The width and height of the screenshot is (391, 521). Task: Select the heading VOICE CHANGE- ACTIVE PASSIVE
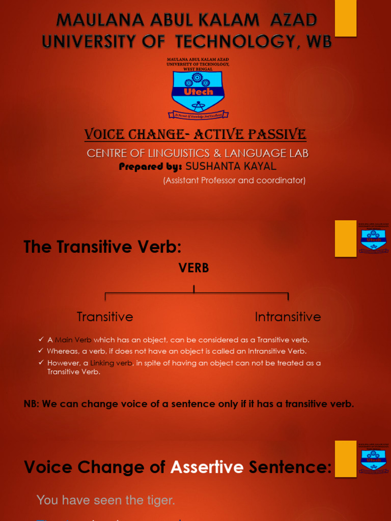coord(195,134)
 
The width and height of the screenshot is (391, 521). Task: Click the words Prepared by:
coord(150,167)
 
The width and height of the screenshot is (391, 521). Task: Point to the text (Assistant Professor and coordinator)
coord(234,180)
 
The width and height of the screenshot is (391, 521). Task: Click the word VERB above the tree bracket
coord(194,268)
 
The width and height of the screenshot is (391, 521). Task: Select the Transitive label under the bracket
coord(105,316)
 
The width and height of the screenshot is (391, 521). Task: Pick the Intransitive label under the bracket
coord(288,316)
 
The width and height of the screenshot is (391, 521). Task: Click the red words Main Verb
coord(73,340)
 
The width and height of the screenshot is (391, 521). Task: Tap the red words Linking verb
coord(111,363)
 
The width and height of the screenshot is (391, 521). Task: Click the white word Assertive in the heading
coord(207,467)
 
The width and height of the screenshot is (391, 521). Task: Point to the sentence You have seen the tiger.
coord(106,500)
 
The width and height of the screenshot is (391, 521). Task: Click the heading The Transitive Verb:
coord(103,247)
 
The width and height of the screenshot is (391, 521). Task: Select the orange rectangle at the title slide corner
coord(346,18)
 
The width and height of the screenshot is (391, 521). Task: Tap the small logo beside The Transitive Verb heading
coord(374,238)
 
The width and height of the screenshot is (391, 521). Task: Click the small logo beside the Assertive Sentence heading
coord(374,458)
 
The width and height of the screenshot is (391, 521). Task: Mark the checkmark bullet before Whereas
coord(41,351)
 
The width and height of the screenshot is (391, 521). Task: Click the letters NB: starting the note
coord(32,404)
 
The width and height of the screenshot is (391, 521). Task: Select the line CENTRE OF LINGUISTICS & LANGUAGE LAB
coord(198,153)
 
